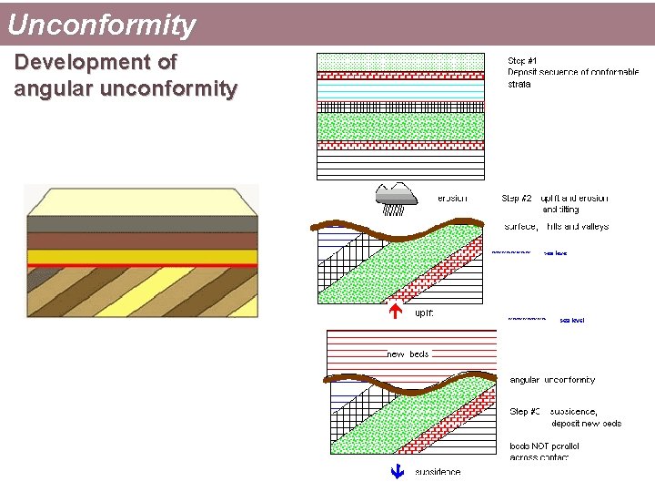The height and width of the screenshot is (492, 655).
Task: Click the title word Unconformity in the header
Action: click(x=101, y=25)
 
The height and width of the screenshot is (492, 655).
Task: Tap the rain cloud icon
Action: click(x=396, y=196)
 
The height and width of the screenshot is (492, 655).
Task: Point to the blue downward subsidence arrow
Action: click(x=396, y=472)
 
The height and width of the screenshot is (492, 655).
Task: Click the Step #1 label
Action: click(x=522, y=60)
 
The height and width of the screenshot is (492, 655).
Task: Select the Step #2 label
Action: click(x=517, y=198)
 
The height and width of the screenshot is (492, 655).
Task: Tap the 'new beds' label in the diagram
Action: click(x=408, y=354)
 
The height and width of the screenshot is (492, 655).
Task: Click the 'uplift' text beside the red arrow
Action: click(x=424, y=313)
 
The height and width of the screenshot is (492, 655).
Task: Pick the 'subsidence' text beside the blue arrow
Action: click(x=438, y=472)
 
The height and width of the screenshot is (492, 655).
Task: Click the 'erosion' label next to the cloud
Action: click(x=452, y=198)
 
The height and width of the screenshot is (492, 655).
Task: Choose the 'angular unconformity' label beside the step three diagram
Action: click(x=552, y=380)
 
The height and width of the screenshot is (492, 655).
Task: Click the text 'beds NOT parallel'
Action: click(x=544, y=446)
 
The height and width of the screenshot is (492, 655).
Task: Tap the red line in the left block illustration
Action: click(x=141, y=265)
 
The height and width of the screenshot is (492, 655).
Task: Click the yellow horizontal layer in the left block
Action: click(x=141, y=256)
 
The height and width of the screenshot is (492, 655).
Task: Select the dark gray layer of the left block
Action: click(x=141, y=224)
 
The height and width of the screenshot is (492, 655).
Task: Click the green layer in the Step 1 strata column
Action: click(x=400, y=126)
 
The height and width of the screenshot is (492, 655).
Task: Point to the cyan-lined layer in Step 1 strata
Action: click(x=400, y=91)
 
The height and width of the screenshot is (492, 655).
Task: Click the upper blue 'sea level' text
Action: click(x=555, y=253)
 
